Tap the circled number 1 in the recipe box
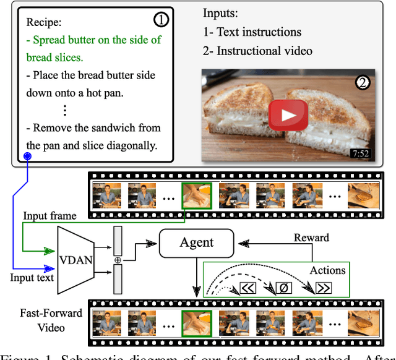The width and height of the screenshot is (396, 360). click(x=160, y=20)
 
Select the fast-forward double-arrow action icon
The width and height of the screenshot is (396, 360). click(x=324, y=288)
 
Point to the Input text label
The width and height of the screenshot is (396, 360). click(x=32, y=277)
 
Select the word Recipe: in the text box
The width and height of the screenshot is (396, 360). click(x=43, y=22)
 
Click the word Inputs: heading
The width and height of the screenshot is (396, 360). click(x=220, y=13)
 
